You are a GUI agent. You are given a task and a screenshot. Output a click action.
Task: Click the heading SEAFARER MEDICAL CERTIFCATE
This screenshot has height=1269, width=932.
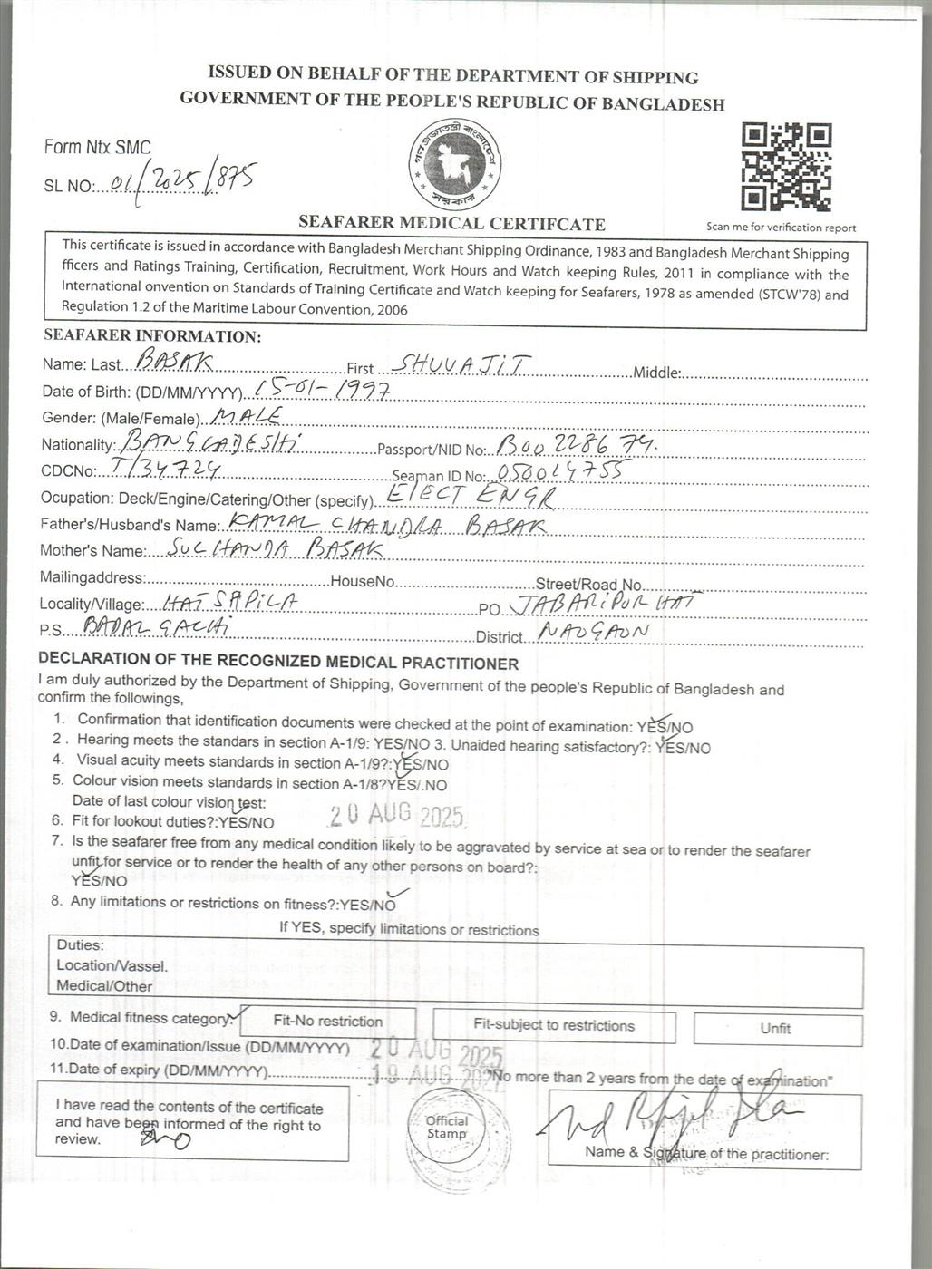[451, 223]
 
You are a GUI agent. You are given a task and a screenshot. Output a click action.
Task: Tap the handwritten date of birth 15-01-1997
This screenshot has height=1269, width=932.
[322, 390]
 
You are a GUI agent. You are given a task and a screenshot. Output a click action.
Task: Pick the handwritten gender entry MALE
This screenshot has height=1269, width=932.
[246, 416]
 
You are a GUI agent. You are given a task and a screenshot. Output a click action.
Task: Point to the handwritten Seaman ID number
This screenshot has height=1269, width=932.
[559, 471]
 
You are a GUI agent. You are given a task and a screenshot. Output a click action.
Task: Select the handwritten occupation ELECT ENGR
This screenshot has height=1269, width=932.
[469, 496]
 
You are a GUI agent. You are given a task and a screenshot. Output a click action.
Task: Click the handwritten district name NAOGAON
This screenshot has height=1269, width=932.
[593, 632]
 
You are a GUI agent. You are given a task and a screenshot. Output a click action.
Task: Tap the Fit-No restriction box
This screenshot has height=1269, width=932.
[327, 1022]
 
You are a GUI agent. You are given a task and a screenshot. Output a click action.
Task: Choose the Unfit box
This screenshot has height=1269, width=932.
[776, 1028]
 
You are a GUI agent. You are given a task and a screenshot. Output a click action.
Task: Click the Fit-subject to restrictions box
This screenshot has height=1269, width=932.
[554, 1025]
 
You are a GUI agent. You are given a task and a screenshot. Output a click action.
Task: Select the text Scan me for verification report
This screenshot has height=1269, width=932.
[781, 228]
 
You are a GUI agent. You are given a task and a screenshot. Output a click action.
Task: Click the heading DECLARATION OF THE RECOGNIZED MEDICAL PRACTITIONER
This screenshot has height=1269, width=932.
[278, 664]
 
